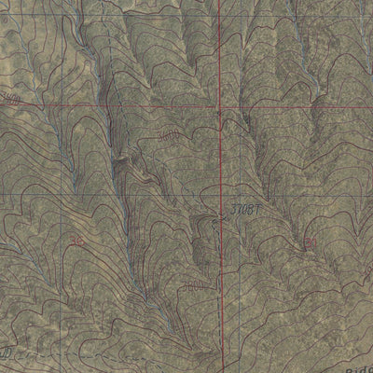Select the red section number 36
coord(75,239)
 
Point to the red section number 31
coord(311,242)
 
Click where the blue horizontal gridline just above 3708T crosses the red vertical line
coord(220,193)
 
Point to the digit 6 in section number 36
coord(78,239)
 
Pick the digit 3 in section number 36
coord(71,239)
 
